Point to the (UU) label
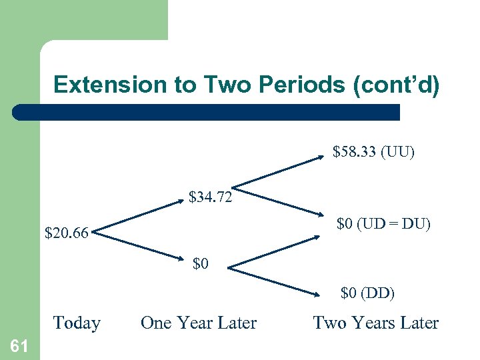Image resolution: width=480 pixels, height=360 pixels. tap(397, 153)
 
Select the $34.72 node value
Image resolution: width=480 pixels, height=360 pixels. tap(210, 197)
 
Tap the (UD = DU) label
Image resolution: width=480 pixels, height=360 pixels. tap(394, 224)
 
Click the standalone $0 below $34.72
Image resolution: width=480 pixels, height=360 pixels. tap(201, 264)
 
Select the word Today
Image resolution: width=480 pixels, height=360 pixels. tap(77, 323)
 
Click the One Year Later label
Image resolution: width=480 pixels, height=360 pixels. tap(199, 323)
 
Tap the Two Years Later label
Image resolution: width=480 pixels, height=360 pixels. tap(376, 323)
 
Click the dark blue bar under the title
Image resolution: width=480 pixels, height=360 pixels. tap(207, 112)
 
